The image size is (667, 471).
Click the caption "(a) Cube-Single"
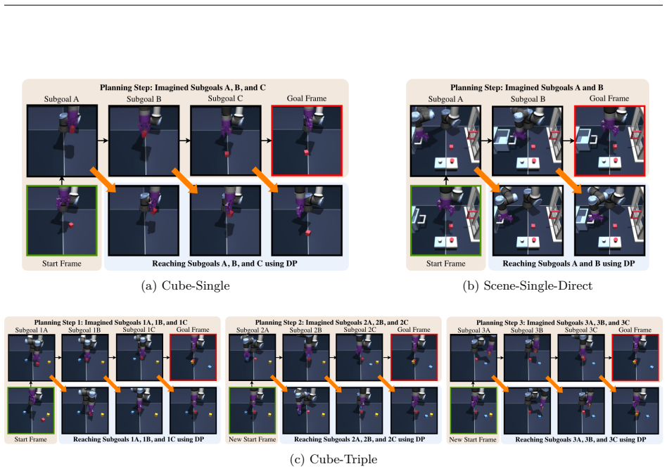point(186,285)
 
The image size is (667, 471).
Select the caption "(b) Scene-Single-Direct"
point(528,285)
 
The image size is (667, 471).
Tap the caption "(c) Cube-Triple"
point(333,460)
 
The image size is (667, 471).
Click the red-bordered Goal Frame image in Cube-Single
point(307,141)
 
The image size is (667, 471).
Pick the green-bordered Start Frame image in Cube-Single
point(62,220)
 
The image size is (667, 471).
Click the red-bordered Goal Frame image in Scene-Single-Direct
point(609,141)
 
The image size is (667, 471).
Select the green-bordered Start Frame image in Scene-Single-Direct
point(446,220)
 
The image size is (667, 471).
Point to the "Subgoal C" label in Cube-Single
point(225,98)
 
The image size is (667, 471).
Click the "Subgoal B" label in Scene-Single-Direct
point(528,99)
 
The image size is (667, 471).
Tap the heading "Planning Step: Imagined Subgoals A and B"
point(526,88)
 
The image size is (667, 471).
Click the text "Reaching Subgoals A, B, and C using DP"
point(224,264)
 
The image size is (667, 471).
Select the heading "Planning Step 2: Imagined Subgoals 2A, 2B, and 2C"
point(332,323)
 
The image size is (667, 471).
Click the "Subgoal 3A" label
point(474,330)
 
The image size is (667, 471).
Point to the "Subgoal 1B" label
point(84,330)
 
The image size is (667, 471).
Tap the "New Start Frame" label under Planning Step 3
point(473,439)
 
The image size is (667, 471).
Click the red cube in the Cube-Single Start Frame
point(71,224)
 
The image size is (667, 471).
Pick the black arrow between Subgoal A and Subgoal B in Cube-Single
point(103,141)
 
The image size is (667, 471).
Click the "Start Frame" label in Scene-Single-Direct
point(446,264)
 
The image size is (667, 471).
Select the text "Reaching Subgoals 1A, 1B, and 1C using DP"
point(138,439)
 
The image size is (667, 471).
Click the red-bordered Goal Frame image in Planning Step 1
point(193,358)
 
